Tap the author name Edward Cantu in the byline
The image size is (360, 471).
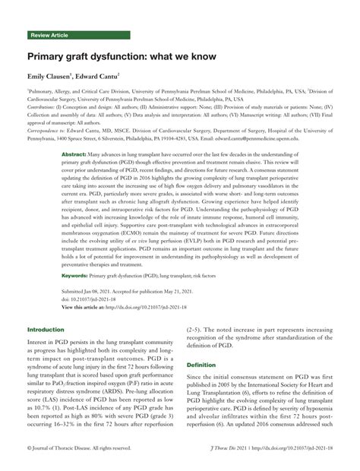point(107,77)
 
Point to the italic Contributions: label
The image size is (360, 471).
point(43,109)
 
